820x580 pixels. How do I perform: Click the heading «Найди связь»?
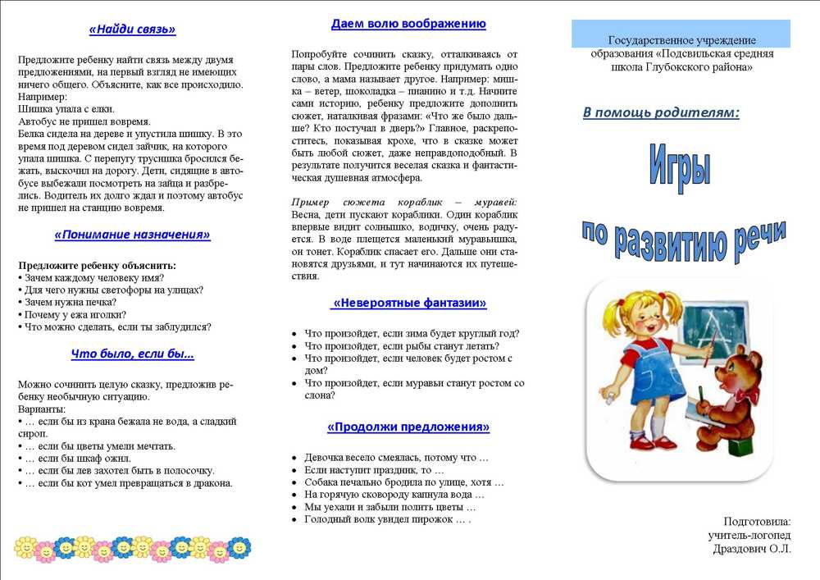click(132, 30)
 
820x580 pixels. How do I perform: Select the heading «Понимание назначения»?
click(132, 235)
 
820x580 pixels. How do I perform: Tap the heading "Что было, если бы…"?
click(132, 354)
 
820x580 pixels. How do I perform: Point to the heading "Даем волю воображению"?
click(408, 24)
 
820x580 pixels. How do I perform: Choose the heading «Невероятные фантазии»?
click(408, 303)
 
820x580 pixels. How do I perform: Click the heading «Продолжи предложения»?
click(408, 427)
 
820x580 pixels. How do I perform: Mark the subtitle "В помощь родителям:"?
click(661, 112)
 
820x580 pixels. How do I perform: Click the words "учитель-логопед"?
click(749, 535)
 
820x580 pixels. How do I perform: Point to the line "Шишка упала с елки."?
click(66, 108)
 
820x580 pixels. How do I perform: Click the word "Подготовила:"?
click(757, 521)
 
